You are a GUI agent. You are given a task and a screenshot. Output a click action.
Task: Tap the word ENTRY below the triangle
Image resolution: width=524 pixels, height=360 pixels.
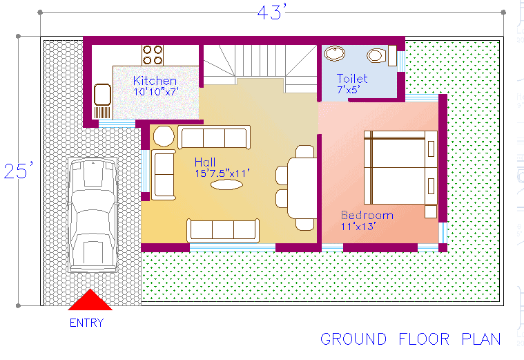coord(86,323)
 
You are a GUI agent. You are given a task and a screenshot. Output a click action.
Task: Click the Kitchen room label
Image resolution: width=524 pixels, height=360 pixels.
coord(155,81)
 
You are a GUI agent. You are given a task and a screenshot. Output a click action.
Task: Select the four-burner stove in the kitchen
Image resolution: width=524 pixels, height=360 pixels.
coord(153,55)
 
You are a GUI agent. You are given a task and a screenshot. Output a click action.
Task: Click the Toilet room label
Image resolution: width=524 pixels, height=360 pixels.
coord(352,79)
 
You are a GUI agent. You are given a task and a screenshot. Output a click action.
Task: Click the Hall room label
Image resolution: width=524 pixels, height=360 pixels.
coord(205,162)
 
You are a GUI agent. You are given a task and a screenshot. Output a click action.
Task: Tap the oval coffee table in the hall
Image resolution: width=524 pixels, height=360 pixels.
coord(226,185)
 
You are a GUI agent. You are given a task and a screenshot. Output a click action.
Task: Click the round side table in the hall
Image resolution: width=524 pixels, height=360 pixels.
coord(163,137)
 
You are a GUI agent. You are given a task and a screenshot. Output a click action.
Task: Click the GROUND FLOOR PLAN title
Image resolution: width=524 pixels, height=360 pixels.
coord(410,339)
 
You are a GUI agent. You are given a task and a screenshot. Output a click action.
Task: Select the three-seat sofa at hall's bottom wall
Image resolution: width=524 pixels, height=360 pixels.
coord(223,229)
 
